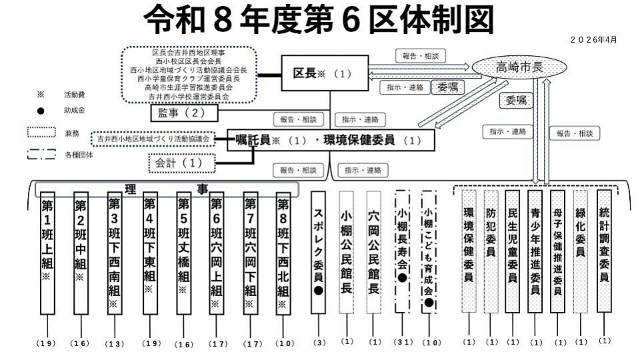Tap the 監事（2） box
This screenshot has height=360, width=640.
(x=180, y=113)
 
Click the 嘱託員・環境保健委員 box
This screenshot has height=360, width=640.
(x=331, y=140)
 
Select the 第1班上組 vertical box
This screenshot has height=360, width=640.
(x=47, y=253)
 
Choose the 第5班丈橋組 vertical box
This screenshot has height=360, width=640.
(x=184, y=253)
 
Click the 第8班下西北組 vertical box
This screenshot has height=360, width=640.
(x=283, y=253)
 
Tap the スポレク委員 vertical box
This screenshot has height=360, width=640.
(x=318, y=253)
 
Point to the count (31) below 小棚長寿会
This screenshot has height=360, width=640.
(x=402, y=342)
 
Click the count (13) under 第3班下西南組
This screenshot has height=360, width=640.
(x=115, y=343)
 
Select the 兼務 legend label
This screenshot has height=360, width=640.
(x=71, y=133)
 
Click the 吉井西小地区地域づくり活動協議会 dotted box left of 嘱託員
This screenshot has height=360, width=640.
(x=153, y=139)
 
